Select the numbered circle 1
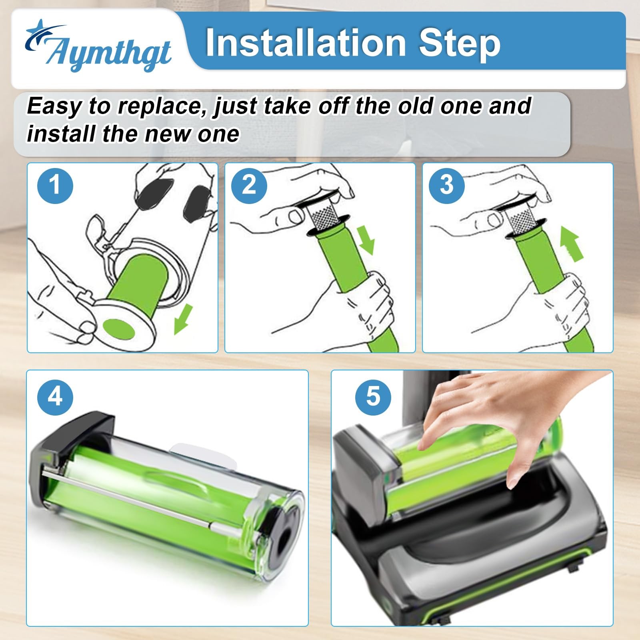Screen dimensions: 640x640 click(x=55, y=185)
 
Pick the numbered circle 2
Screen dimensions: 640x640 click(x=249, y=185)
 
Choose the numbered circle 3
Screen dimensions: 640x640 click(x=447, y=185)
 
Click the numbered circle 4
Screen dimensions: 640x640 click(x=55, y=397)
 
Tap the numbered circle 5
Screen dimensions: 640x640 click(x=373, y=397)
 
